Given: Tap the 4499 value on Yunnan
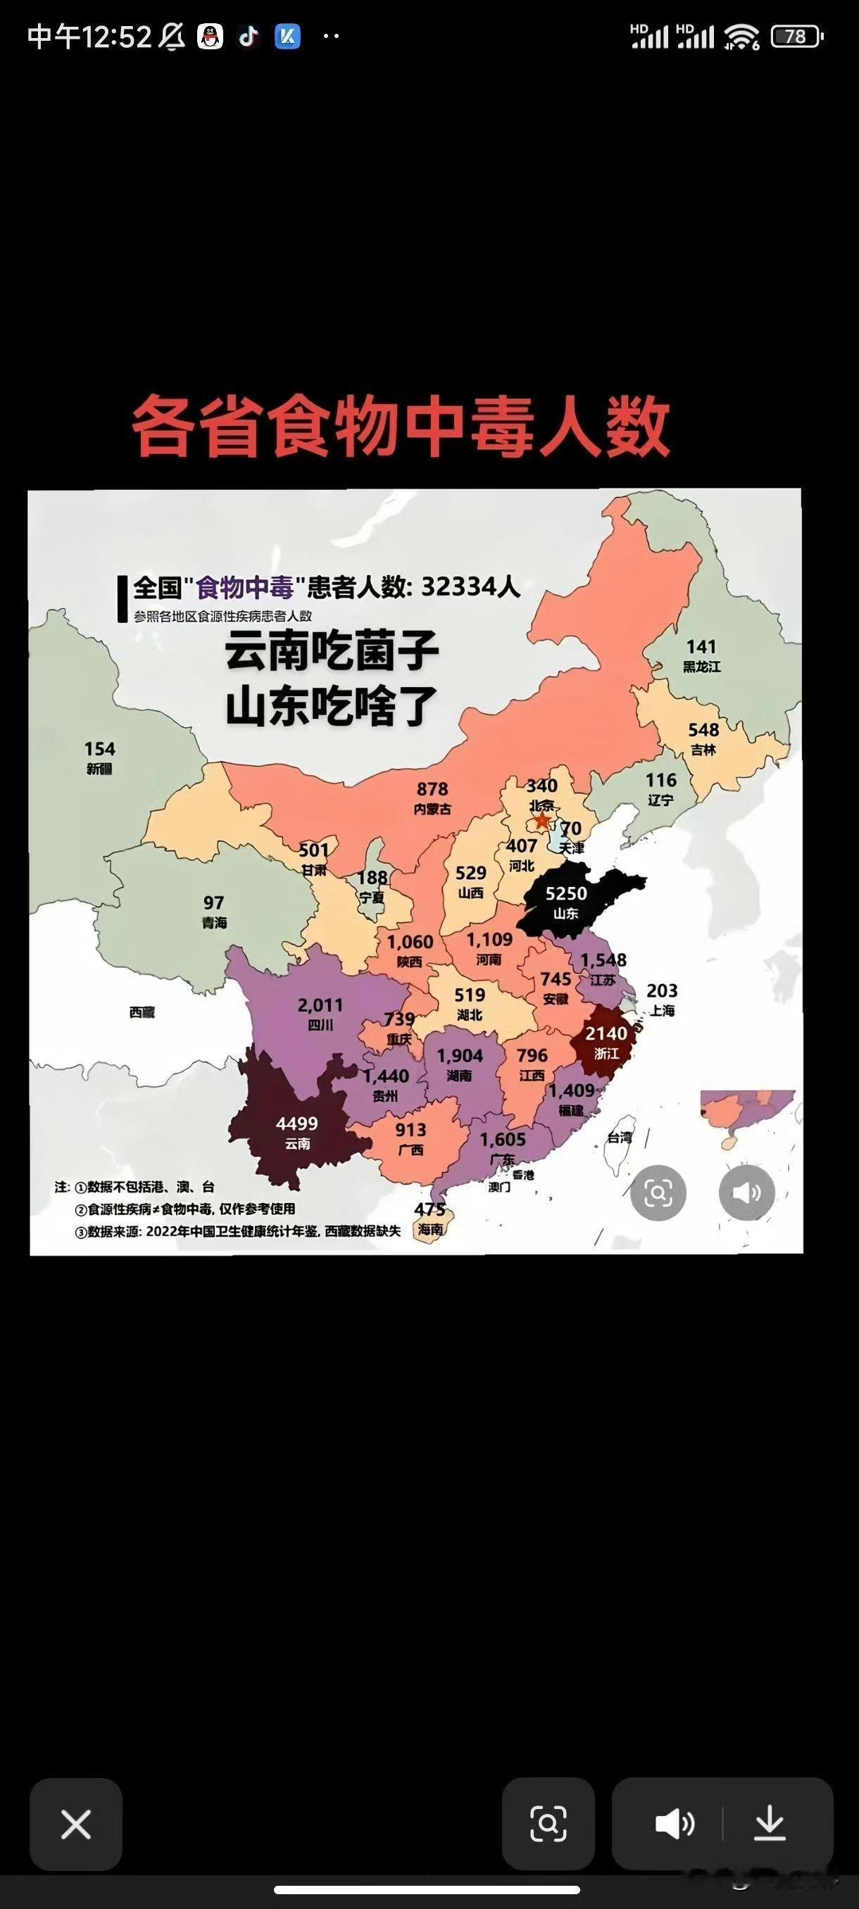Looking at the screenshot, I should [x=296, y=1123].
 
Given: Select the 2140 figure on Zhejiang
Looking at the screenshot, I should [x=606, y=1033].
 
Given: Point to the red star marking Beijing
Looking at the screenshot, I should [x=543, y=820].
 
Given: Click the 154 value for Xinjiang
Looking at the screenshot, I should [x=99, y=748].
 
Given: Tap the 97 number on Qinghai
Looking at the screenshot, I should [x=213, y=902].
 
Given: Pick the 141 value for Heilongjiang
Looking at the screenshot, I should [x=701, y=647].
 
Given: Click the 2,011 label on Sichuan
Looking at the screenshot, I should [x=320, y=1006].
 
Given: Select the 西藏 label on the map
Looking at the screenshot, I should [x=142, y=1012].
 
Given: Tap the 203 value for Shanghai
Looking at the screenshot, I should [x=661, y=991].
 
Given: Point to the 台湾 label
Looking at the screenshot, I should [x=620, y=1138].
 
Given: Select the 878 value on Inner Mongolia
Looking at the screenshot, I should [x=432, y=789].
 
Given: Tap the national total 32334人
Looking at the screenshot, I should [x=470, y=587].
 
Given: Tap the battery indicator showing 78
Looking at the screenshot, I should [x=796, y=37].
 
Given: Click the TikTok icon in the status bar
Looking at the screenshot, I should [x=249, y=36].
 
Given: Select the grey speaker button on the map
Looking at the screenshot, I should [x=746, y=1192].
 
